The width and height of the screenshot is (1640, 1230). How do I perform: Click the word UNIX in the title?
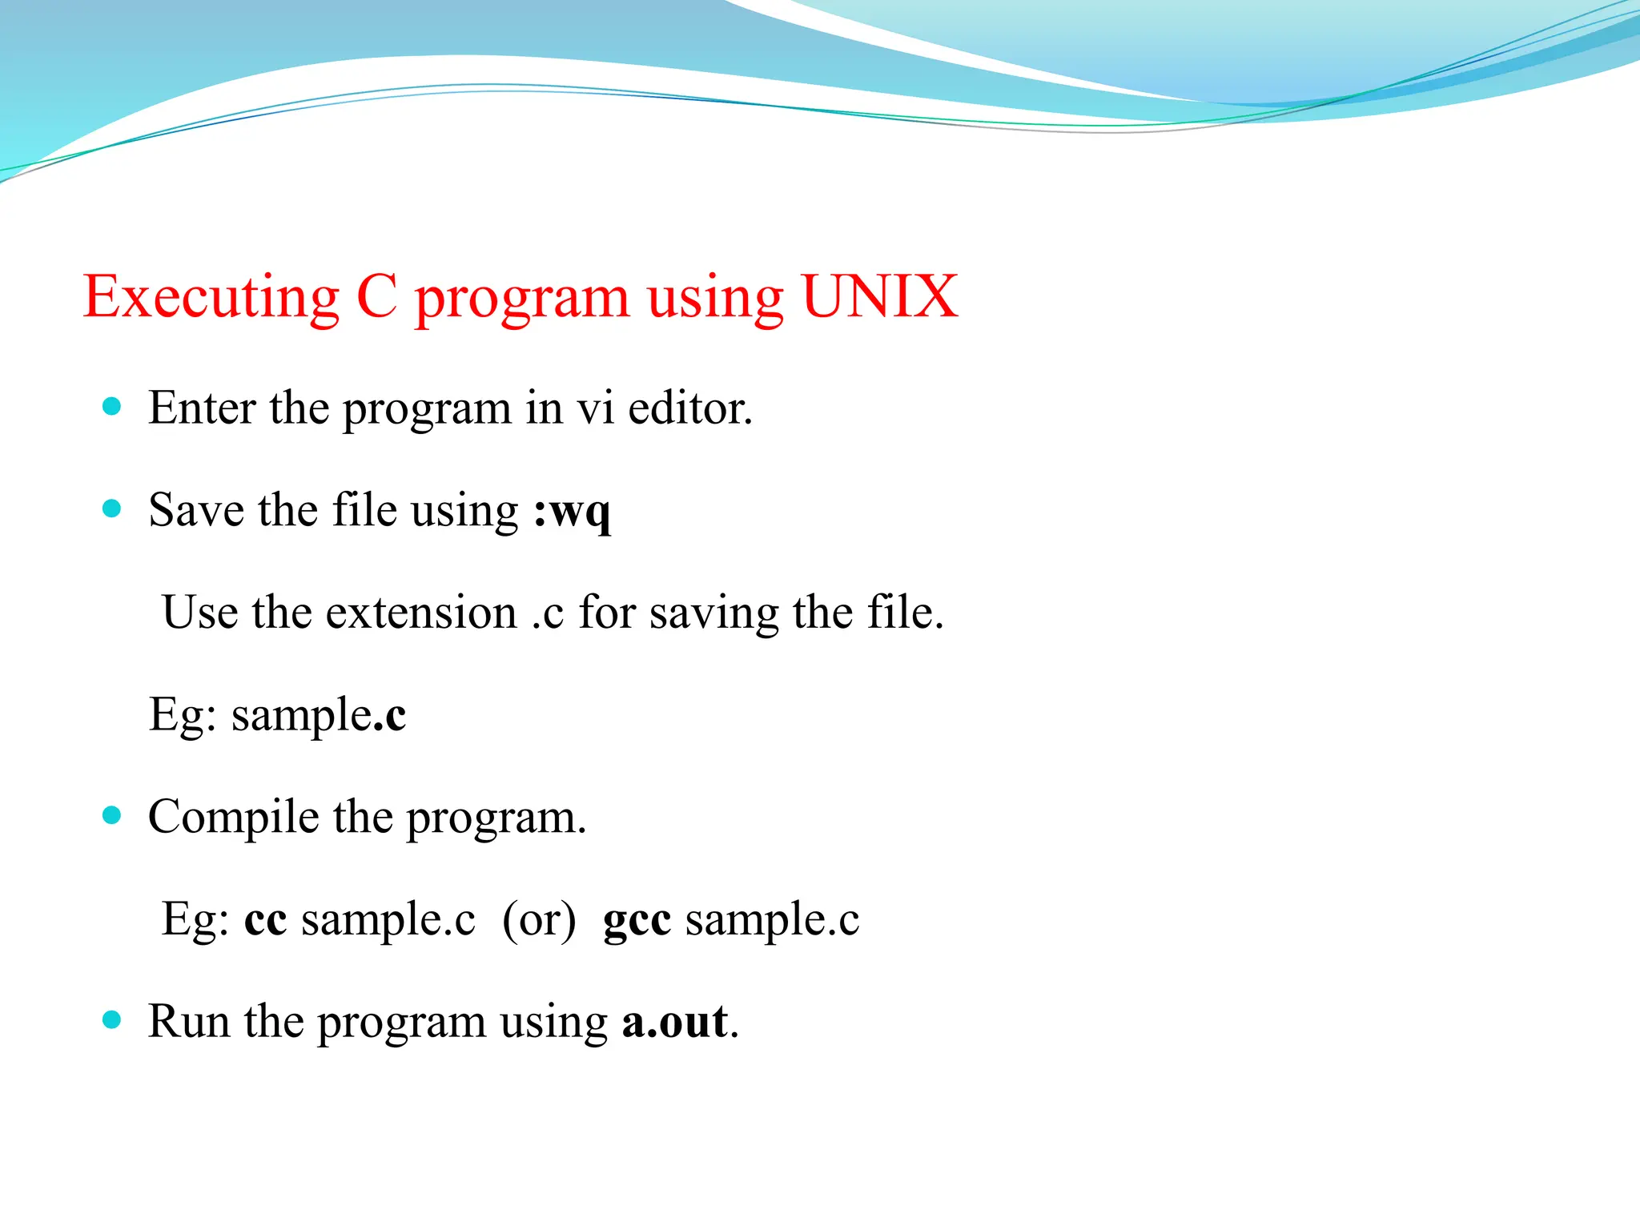pos(878,297)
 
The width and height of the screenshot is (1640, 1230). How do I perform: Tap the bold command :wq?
pos(572,512)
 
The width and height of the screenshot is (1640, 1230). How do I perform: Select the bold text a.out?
pos(675,1022)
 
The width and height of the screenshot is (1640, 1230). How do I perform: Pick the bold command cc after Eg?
pos(265,919)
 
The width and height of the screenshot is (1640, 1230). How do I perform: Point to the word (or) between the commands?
pos(539,919)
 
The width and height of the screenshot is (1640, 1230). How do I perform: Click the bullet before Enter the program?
pos(112,407)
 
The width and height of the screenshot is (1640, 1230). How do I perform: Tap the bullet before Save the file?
pos(112,508)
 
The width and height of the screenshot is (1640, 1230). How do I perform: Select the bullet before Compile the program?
pos(112,816)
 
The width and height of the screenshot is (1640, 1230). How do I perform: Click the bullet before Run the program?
pos(112,1020)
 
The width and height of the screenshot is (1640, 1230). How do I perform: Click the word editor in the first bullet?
pos(689,408)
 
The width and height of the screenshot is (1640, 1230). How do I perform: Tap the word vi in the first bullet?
pos(596,408)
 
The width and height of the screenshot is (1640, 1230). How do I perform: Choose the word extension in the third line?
pos(421,613)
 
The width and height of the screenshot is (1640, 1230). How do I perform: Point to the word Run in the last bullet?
pos(189,1022)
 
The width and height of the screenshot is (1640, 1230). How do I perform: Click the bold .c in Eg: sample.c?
pos(390,715)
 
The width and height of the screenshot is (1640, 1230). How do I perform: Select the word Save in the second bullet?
pos(196,510)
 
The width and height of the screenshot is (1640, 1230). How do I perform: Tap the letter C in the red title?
pos(376,297)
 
